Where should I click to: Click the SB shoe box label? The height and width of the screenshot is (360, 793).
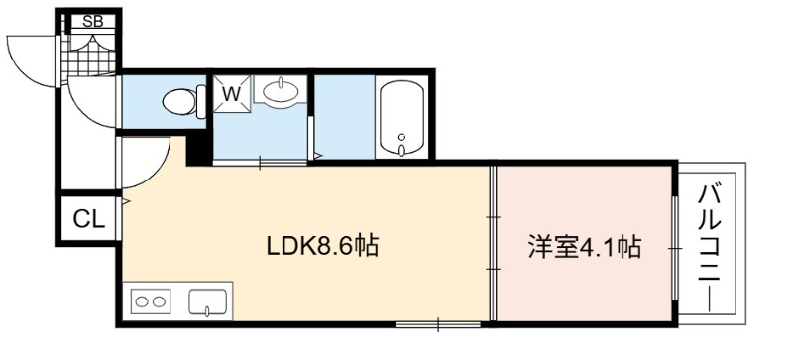pyautogui.click(x=92, y=21)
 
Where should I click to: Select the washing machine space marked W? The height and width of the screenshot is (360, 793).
pyautogui.click(x=232, y=94)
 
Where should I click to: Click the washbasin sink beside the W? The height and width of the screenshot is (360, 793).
pyautogui.click(x=280, y=90)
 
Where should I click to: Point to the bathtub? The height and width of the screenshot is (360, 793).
pyautogui.click(x=402, y=117)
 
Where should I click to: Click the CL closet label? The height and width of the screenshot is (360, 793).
pyautogui.click(x=89, y=219)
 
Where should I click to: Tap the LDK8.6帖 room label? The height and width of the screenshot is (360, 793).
pyautogui.click(x=323, y=247)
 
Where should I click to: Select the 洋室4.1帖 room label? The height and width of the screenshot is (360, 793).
pyautogui.click(x=585, y=248)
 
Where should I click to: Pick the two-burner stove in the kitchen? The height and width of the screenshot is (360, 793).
pyautogui.click(x=151, y=301)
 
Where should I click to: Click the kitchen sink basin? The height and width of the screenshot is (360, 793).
pyautogui.click(x=208, y=302)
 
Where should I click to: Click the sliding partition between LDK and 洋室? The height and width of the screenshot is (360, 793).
pyautogui.click(x=493, y=243)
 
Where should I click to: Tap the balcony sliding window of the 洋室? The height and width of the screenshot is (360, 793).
pyautogui.click(x=675, y=248)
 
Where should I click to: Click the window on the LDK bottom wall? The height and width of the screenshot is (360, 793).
pyautogui.click(x=438, y=323)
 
